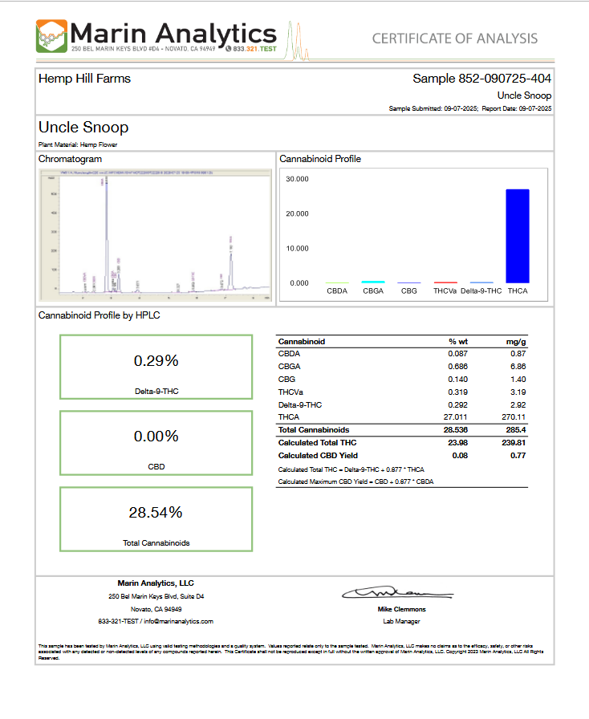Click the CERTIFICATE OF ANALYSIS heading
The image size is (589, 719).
(455, 39)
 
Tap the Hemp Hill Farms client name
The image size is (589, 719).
(84, 79)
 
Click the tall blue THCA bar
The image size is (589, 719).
(518, 235)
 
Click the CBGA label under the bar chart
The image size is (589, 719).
(373, 291)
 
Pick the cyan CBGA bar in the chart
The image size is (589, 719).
(373, 282)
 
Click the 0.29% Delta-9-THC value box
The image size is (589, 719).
(156, 361)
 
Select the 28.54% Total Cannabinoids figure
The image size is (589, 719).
(156, 512)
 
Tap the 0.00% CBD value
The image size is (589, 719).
(156, 437)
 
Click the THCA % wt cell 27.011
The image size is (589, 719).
(457, 417)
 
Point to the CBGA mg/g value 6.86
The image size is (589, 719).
(517, 366)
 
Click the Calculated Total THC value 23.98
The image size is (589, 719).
(457, 443)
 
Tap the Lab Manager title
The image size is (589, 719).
(401, 621)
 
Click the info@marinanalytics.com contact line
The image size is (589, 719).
(156, 621)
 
